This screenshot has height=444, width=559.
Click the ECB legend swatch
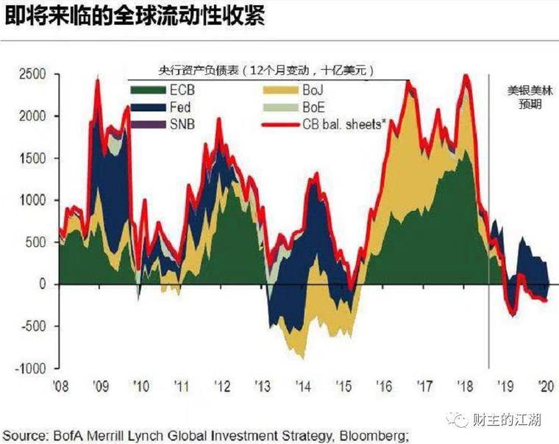[x=149, y=90]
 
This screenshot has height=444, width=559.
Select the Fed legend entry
[x=149, y=107]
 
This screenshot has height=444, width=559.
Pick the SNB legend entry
[x=149, y=124]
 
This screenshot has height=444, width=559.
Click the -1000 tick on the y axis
[x=29, y=368]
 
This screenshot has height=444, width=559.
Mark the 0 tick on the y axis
[x=42, y=284]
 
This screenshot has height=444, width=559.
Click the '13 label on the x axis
[x=263, y=386]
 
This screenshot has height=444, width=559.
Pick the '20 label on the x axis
[x=545, y=386]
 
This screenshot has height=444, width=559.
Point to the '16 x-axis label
[x=384, y=386]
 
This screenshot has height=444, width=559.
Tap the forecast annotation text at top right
[x=524, y=97]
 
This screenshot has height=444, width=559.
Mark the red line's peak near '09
[x=98, y=79]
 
